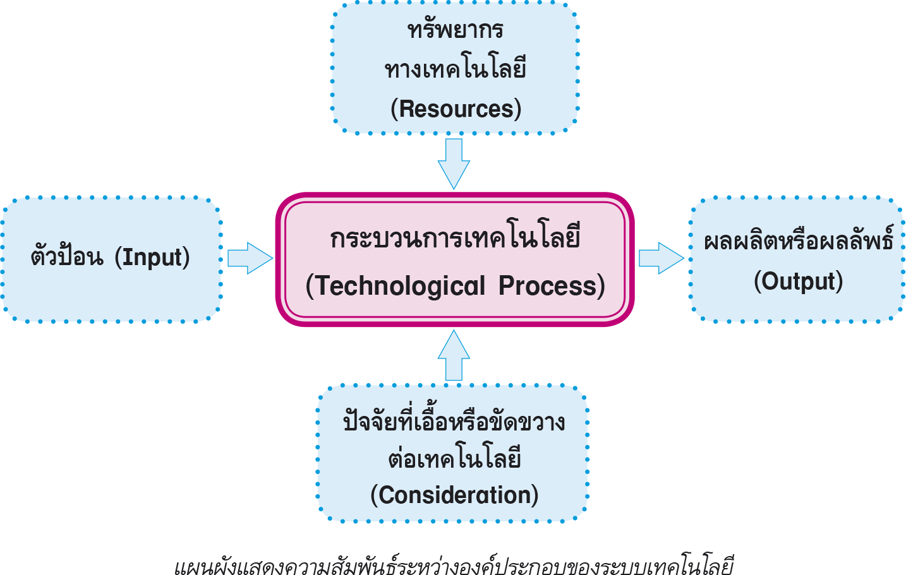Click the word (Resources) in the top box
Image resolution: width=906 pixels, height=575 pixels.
tap(456, 109)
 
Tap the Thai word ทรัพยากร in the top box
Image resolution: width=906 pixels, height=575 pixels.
tap(455, 30)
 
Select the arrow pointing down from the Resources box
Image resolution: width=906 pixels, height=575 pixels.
tap(454, 163)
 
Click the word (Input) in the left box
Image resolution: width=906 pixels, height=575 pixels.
tap(152, 257)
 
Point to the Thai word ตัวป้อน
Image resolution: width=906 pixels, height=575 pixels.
tap(66, 257)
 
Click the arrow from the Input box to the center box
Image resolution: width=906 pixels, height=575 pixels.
tap(249, 258)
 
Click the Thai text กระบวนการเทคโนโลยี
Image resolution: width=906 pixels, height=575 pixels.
tap(455, 239)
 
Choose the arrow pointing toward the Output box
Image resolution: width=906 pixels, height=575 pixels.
tap(661, 258)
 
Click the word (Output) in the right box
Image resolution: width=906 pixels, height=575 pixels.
tap(798, 281)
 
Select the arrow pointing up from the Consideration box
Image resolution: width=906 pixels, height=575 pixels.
tap(454, 355)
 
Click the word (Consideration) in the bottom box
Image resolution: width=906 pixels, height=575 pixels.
tap(454, 495)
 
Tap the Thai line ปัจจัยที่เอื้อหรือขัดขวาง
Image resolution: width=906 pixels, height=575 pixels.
tap(454, 422)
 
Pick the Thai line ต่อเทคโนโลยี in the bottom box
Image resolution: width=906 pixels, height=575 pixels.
tap(454, 459)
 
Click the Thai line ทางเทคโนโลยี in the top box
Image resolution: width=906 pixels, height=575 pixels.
tap(455, 69)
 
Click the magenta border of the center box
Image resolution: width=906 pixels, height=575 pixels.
tap(279, 259)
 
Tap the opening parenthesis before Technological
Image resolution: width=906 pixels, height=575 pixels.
tap(310, 286)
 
